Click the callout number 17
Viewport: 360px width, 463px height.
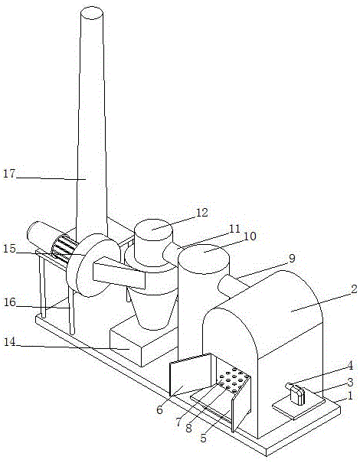[9, 173]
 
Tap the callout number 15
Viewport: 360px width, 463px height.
[9, 248]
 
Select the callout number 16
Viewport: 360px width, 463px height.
[9, 302]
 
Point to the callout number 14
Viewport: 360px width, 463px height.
[10, 342]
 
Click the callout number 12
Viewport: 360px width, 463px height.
[202, 213]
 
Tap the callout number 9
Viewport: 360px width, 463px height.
[292, 259]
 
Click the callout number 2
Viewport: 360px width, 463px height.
[354, 289]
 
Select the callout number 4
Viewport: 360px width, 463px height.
[350, 366]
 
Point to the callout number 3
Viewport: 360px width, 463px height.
[350, 383]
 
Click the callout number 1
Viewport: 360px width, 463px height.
[350, 396]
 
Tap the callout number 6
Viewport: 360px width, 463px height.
[159, 410]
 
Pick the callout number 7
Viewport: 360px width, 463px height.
[178, 422]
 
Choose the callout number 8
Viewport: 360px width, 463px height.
[189, 428]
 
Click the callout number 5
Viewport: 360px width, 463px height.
[203, 439]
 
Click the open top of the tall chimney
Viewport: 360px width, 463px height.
[92, 13]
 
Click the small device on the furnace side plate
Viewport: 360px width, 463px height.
[297, 394]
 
